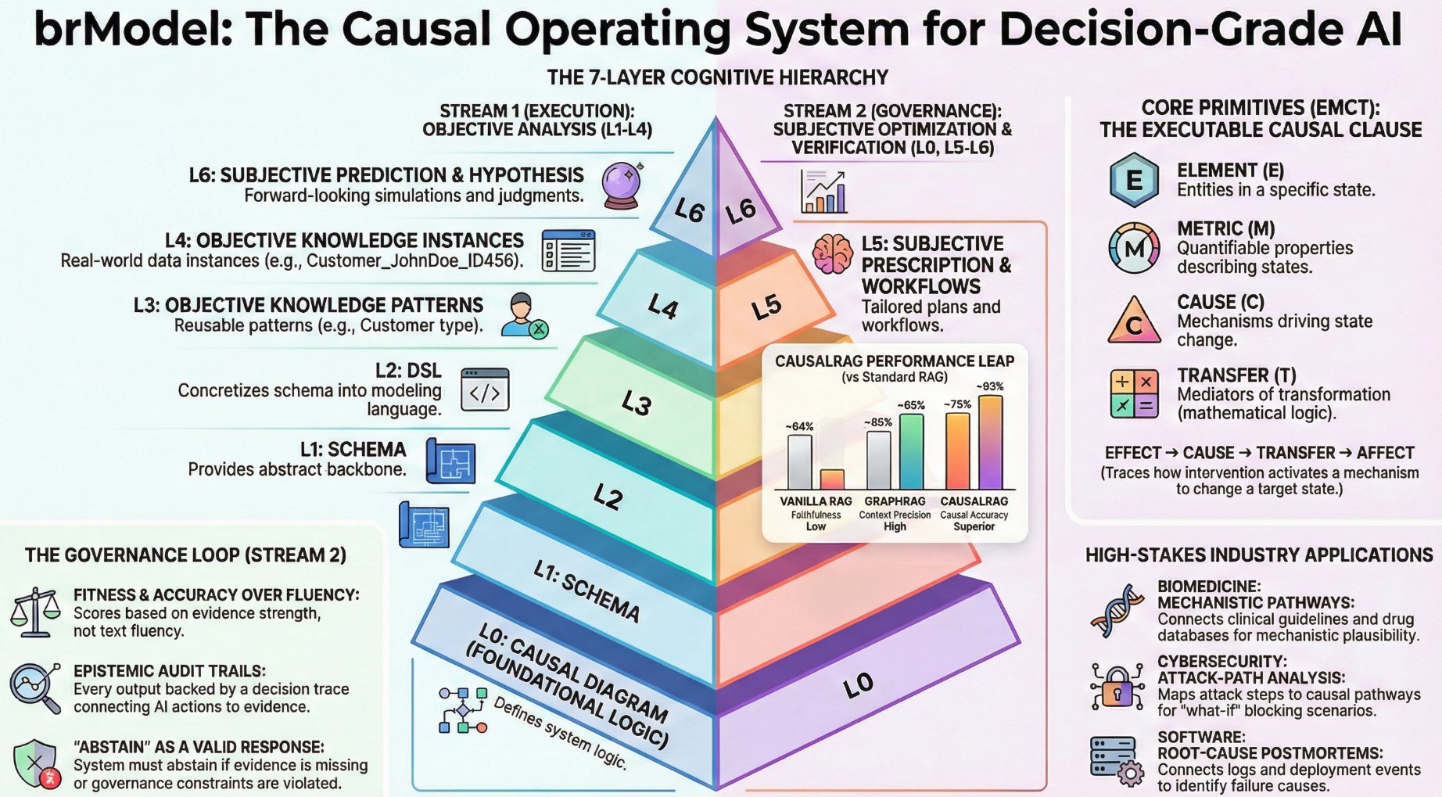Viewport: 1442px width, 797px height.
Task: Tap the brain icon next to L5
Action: (x=832, y=253)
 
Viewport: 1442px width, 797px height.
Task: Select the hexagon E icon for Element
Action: (x=1134, y=180)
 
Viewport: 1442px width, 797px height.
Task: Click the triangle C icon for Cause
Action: (x=1134, y=321)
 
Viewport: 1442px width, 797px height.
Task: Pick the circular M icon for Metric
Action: (x=1134, y=249)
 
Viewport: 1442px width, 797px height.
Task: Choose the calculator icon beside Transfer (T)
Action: (x=1134, y=393)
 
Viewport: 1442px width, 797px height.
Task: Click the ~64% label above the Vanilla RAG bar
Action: (x=799, y=426)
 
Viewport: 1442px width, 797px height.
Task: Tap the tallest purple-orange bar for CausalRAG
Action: (x=991, y=442)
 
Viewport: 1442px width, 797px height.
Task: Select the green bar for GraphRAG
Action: (x=912, y=451)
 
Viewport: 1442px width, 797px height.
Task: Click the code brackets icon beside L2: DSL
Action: (x=485, y=390)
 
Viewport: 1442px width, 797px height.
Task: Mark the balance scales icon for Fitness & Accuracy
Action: (x=35, y=612)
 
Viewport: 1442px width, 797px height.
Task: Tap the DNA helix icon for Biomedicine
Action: (x=1116, y=610)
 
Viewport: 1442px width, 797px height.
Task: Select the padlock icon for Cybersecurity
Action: (x=1117, y=688)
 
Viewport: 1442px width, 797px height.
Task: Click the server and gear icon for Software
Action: (x=1117, y=759)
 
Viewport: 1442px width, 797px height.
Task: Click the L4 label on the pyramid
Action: (x=663, y=307)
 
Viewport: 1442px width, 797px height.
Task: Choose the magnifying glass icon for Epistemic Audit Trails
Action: (x=35, y=688)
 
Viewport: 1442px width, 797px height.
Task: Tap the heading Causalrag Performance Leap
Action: (x=895, y=361)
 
